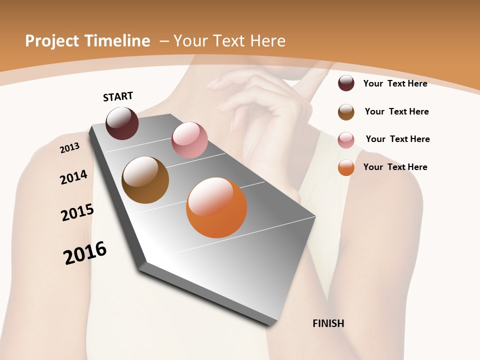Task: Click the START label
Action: click(118, 96)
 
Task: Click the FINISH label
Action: click(328, 323)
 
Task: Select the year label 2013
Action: click(69, 147)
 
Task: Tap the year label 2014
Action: click(73, 177)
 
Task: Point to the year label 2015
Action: click(77, 212)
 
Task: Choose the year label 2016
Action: click(85, 252)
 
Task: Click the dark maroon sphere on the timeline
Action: click(122, 123)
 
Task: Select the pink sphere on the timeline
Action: click(189, 140)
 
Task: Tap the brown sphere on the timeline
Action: click(145, 180)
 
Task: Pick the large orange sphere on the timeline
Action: click(216, 207)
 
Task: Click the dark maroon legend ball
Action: click(346, 83)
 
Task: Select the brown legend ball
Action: click(346, 112)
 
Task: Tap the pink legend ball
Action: click(346, 140)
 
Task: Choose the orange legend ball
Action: click(346, 167)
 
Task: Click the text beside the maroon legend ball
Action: click(395, 83)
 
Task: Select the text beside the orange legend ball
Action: click(395, 167)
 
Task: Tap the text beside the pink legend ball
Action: click(397, 139)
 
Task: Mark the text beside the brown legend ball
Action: click(396, 111)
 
